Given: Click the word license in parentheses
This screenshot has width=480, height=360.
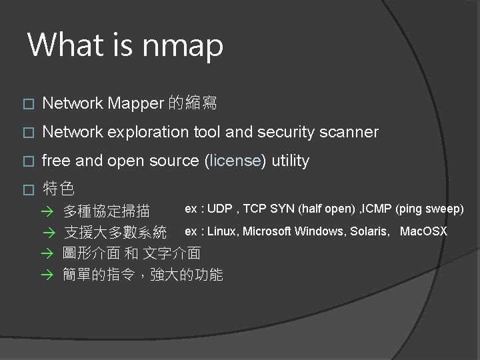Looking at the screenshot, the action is click(234, 161).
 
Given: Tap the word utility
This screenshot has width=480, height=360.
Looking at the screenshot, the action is click(288, 161).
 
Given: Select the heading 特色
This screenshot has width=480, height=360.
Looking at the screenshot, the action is click(58, 188).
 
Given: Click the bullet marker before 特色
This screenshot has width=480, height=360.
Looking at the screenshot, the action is click(27, 189).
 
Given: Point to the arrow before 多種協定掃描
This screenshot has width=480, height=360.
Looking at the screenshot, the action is click(46, 213).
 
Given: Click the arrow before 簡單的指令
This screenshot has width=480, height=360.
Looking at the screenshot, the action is click(46, 275).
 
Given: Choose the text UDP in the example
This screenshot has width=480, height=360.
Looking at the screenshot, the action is click(219, 209).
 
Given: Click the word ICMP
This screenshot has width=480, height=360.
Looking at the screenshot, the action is click(376, 209).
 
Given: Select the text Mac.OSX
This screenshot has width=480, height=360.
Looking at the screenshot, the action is click(423, 231).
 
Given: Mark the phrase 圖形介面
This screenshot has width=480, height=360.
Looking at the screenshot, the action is click(91, 253).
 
